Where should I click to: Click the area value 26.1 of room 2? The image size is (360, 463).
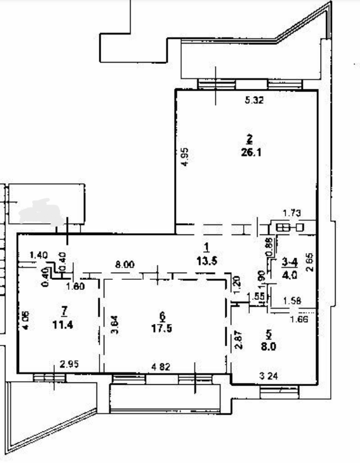click(x=250, y=152)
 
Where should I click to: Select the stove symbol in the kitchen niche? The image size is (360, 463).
click(x=288, y=227)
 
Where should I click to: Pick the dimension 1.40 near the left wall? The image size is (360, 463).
click(x=38, y=255)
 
